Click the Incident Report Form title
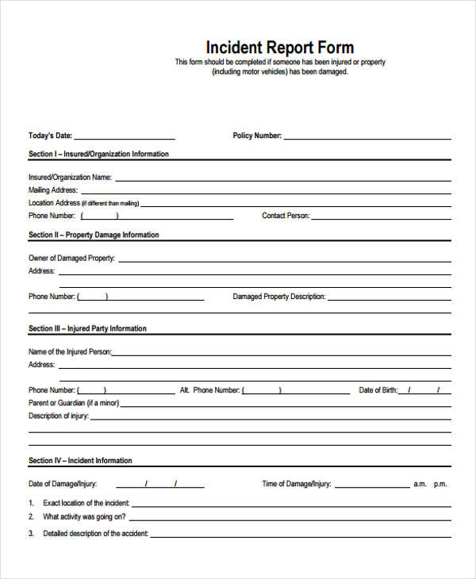point(280,47)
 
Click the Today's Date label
point(50,136)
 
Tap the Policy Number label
point(257,136)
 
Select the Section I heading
point(98,154)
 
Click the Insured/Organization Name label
point(70,178)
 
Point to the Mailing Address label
point(53,190)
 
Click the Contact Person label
point(286,216)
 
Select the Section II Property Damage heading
point(94,235)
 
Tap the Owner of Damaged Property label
point(71,259)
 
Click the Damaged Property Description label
point(278,297)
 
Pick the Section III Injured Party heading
point(87,328)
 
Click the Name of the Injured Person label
point(70,352)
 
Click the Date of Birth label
point(377,390)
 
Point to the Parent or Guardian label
point(74,403)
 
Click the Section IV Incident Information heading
point(80,460)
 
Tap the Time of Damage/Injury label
point(297,484)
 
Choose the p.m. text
point(440,484)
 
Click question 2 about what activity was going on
point(85,517)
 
